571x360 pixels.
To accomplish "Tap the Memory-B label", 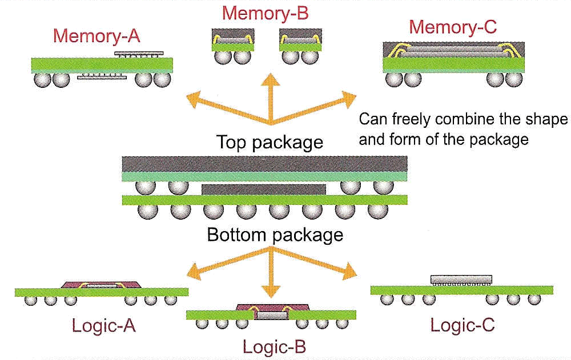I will (265, 13).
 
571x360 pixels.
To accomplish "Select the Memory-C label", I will (453, 26).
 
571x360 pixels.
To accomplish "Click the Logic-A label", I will (103, 325).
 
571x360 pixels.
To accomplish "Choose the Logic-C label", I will (462, 325).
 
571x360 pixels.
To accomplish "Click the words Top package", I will (270, 142).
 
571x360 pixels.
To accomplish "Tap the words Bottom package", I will (275, 234).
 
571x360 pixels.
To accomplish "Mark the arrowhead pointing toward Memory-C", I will (348, 101).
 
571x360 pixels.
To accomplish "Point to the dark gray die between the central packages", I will (264, 188).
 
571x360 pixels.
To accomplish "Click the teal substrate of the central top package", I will (265, 176).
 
